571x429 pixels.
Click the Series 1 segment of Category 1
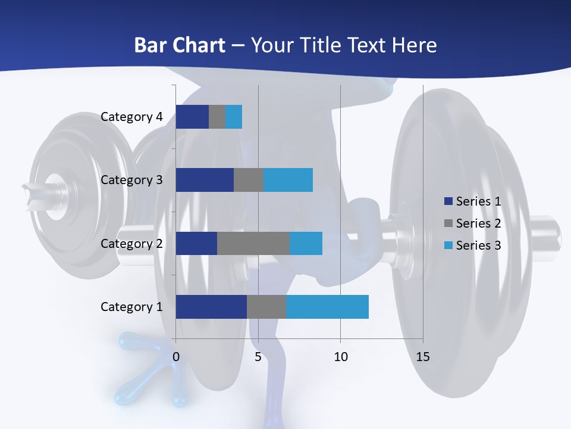[x=211, y=307]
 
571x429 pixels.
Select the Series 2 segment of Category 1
[x=266, y=307]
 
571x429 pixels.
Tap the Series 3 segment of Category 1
[x=327, y=307]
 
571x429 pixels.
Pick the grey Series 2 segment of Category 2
[x=253, y=244]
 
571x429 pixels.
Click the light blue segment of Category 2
[x=306, y=244]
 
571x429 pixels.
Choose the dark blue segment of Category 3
[x=205, y=180]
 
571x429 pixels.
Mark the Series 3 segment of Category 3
[x=288, y=180]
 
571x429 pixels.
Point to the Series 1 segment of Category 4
[x=192, y=117]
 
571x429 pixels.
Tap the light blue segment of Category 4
[x=234, y=117]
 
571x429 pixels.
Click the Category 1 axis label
[x=131, y=307]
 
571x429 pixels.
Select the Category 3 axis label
[x=131, y=180]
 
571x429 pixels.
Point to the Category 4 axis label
[x=131, y=117]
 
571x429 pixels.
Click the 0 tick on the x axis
[x=176, y=357]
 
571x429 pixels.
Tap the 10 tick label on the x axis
[x=340, y=357]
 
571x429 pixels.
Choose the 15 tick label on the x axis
[x=422, y=357]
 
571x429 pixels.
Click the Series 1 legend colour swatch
[x=448, y=201]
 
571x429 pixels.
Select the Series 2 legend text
[x=478, y=223]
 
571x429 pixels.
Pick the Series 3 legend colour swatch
[x=448, y=245]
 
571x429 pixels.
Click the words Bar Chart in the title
[x=180, y=45]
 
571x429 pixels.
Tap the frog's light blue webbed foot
[x=138, y=369]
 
